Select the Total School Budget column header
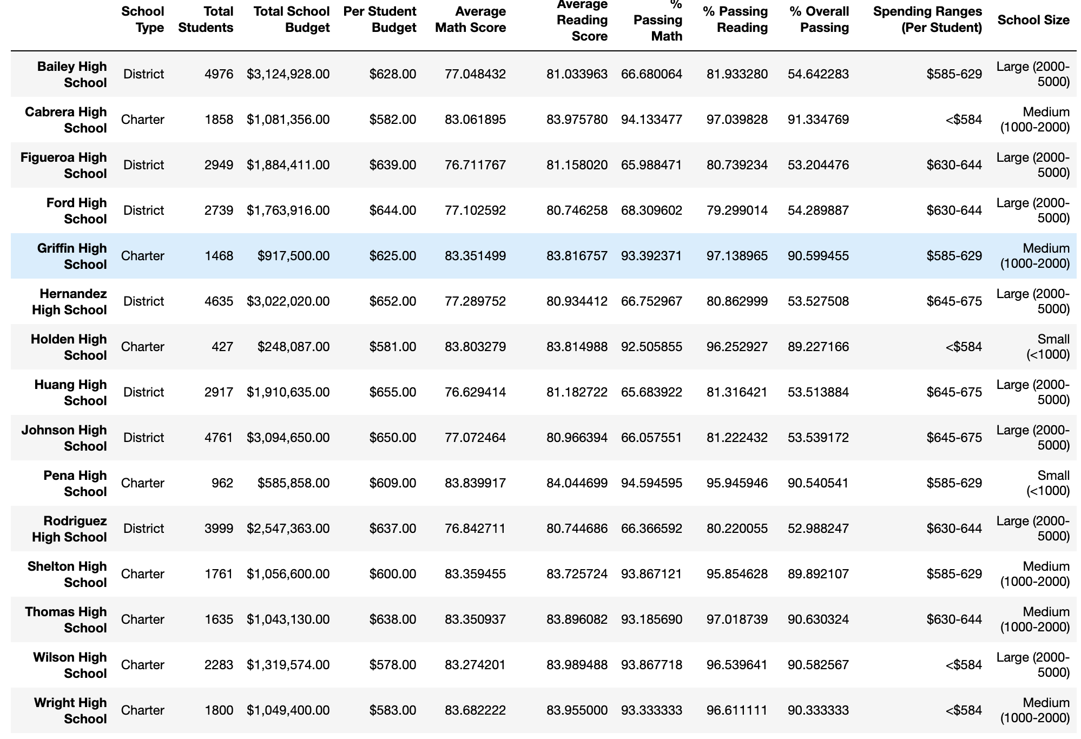pyautogui.click(x=292, y=19)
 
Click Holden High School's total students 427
pyautogui.click(x=222, y=347)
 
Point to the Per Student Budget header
pyautogui.click(x=380, y=19)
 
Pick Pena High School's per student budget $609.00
pyautogui.click(x=393, y=483)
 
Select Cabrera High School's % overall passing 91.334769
pyautogui.click(x=819, y=120)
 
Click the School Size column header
pyautogui.click(x=1033, y=20)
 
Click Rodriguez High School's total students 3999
pyautogui.click(x=219, y=529)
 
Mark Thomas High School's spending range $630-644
pyautogui.click(x=954, y=619)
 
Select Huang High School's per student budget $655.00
pyautogui.click(x=393, y=392)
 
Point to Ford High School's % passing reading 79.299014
pyautogui.click(x=737, y=210)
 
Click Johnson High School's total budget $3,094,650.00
pyautogui.click(x=288, y=438)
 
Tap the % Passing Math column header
pyautogui.click(x=658, y=20)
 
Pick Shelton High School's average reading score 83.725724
pyautogui.click(x=577, y=574)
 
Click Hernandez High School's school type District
pyautogui.click(x=143, y=301)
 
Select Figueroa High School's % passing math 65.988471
pyautogui.click(x=651, y=165)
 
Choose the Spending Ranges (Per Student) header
pyautogui.click(x=927, y=19)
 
